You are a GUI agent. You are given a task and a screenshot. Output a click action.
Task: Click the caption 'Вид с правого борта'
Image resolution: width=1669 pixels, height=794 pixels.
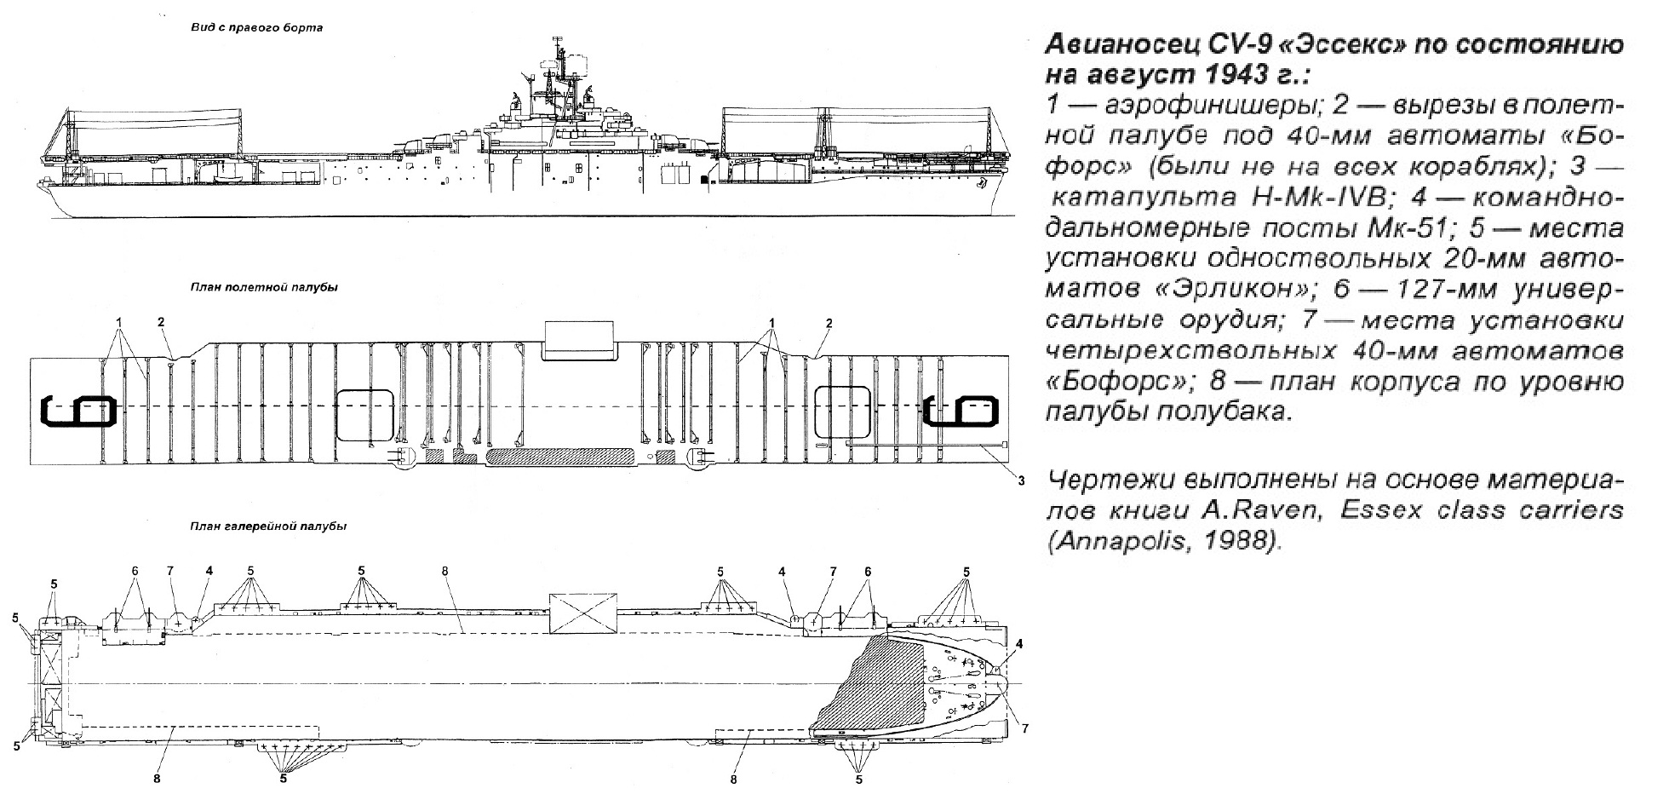(x=256, y=28)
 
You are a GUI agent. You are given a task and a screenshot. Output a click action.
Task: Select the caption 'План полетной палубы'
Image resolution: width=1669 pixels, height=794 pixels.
(x=264, y=287)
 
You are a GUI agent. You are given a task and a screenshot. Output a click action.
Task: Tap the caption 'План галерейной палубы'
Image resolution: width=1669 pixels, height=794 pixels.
(x=268, y=526)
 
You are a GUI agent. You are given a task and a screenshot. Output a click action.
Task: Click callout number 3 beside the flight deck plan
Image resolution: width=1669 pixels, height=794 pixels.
(x=1020, y=480)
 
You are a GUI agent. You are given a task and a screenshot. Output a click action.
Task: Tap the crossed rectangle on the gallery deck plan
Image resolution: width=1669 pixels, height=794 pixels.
(x=582, y=613)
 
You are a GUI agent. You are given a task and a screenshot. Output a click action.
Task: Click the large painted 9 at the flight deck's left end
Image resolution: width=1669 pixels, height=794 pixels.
(x=77, y=411)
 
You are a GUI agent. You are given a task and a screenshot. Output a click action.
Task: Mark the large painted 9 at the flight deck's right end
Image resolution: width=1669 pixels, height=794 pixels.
(x=962, y=411)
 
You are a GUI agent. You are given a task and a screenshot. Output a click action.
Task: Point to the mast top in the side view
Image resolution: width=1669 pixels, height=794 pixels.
(x=558, y=38)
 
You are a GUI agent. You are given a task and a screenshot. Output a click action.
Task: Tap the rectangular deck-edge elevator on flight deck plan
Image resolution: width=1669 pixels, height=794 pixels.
(x=579, y=340)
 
